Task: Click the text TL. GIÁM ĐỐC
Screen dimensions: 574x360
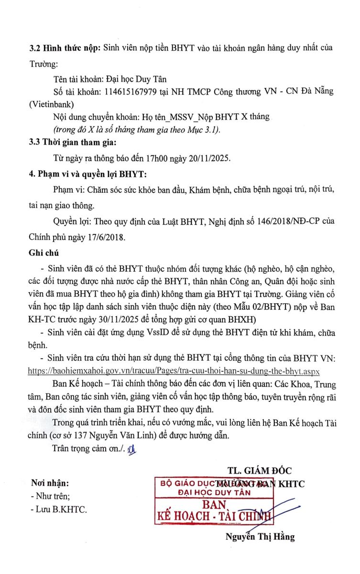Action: click(260, 470)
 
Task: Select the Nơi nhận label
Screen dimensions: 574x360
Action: click(49, 483)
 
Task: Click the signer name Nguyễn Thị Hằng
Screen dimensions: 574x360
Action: click(260, 536)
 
